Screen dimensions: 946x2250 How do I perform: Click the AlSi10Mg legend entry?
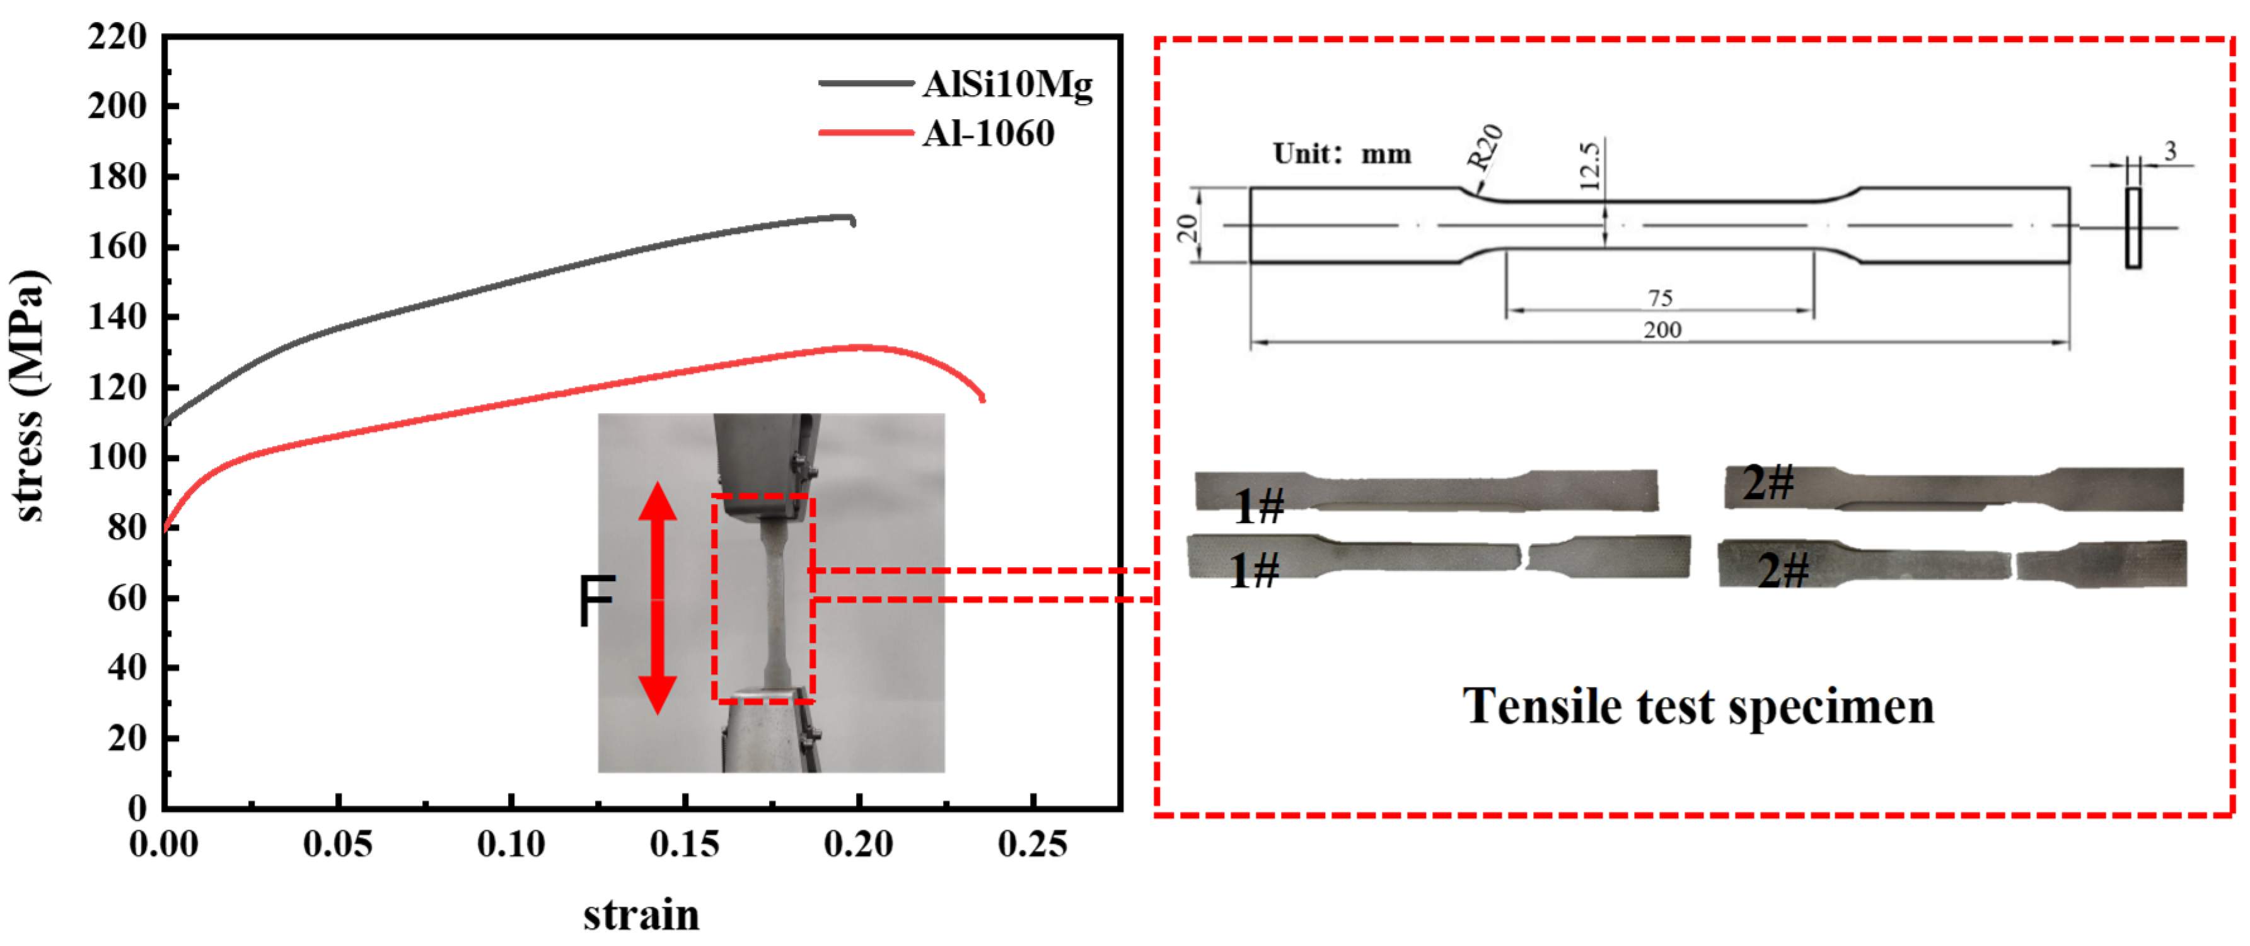1006,84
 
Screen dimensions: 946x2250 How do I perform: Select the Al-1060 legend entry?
988,134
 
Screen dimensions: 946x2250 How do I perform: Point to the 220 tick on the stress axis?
118,37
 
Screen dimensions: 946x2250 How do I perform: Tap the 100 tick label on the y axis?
118,457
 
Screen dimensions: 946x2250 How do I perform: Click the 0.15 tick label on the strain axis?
684,844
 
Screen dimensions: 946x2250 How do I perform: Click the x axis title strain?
641,914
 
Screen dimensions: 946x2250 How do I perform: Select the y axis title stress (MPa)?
28,396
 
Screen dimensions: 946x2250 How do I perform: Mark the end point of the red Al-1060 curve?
983,398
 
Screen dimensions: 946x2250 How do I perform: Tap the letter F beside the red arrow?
596,601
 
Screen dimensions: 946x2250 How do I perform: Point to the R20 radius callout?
1483,147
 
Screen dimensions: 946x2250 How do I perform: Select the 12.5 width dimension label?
1590,166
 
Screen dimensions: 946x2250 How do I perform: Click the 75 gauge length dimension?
1659,298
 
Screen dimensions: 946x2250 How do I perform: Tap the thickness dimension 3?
2170,152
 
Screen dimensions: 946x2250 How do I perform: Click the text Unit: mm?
1342,154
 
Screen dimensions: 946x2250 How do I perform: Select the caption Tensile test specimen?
1698,706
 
